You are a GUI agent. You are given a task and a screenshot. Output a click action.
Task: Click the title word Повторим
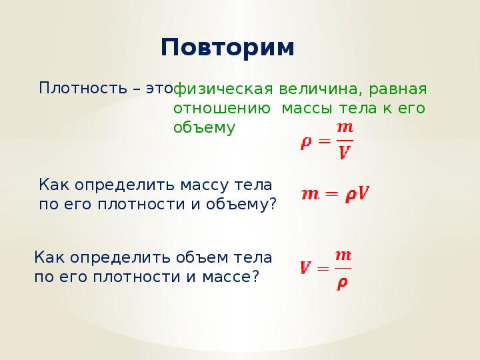227,47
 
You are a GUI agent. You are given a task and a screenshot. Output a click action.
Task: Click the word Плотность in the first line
83,88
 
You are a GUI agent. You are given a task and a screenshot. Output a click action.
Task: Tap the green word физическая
223,89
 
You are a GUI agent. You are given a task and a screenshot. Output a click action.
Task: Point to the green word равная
397,89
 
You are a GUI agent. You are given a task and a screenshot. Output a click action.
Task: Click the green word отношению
221,109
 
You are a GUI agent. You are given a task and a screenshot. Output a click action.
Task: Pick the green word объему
204,128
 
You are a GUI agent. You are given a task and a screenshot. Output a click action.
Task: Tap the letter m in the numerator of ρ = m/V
345,127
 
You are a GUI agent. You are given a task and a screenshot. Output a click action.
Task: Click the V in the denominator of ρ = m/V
345,152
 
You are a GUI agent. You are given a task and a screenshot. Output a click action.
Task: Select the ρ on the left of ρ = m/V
306,143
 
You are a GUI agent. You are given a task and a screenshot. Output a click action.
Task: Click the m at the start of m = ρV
311,195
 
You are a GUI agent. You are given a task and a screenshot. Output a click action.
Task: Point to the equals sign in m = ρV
332,194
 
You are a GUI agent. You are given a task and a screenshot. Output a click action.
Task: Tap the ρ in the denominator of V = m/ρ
341,283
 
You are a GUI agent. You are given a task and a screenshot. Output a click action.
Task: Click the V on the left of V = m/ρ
306,267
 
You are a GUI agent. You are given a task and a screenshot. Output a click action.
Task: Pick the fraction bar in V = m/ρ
343,269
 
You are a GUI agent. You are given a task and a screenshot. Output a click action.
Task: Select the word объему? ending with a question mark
241,205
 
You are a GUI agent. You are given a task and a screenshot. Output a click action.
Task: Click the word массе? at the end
231,277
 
